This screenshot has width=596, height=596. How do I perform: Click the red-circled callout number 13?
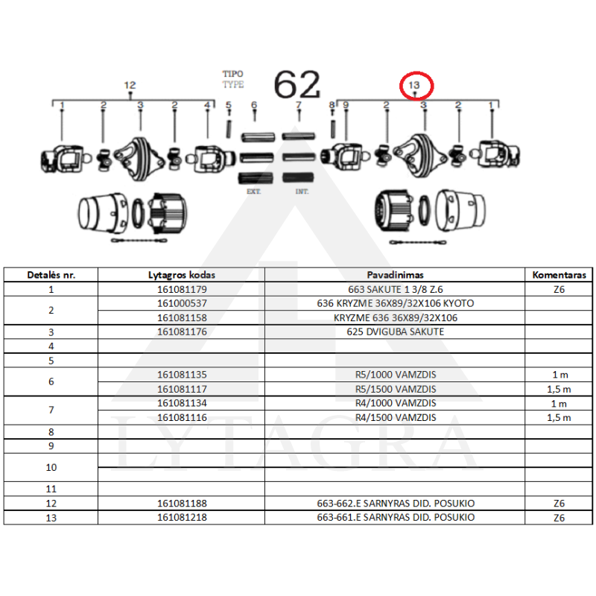tap(413, 85)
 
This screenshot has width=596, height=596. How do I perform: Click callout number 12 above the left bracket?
tap(130, 85)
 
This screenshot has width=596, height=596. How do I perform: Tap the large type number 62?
tap(297, 84)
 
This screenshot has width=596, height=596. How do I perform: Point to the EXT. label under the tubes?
tap(253, 191)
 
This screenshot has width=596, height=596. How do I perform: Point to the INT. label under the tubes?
tap(302, 191)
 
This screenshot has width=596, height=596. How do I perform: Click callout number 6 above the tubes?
tap(254, 104)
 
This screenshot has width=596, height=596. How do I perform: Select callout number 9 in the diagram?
tap(346, 104)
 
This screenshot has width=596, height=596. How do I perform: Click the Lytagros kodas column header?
tap(182, 275)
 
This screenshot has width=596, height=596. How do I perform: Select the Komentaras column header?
tap(559, 275)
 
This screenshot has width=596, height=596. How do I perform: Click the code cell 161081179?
tap(182, 289)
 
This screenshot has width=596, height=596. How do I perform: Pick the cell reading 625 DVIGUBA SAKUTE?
tap(396, 332)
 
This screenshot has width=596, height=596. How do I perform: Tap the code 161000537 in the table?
tap(182, 303)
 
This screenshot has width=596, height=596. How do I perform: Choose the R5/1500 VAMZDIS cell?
tap(396, 389)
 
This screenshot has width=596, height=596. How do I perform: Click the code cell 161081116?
tap(182, 417)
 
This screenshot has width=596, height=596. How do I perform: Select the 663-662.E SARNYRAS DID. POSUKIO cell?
tap(396, 504)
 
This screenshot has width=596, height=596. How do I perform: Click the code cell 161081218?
tap(182, 517)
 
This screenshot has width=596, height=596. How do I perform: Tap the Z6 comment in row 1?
tap(559, 289)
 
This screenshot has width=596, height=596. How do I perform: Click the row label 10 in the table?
tap(51, 468)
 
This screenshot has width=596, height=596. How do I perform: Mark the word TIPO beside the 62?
tap(232, 74)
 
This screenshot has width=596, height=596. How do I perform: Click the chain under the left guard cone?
tap(139, 240)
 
